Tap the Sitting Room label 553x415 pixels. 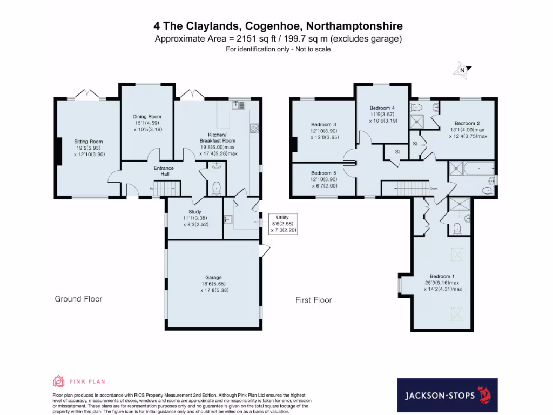[x=89, y=142]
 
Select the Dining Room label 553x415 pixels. [x=147, y=117]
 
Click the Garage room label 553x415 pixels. [x=213, y=277]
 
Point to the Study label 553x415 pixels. [x=194, y=212]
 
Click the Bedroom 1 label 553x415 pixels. [x=441, y=276]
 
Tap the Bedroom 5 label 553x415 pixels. [x=323, y=173]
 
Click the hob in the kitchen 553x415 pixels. [x=254, y=128]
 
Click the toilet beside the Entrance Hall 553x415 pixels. [x=216, y=188]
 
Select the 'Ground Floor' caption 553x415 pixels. [x=78, y=299]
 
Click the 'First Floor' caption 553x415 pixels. [x=313, y=300]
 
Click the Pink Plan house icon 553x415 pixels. [x=58, y=381]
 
